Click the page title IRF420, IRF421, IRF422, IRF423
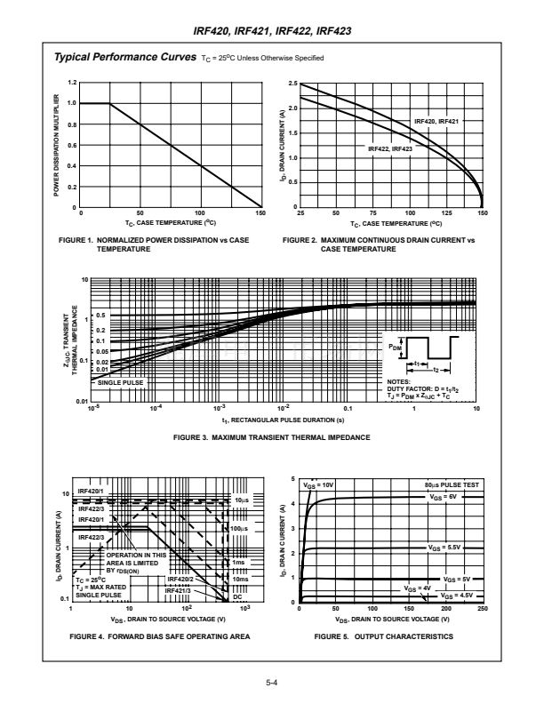click(x=272, y=31)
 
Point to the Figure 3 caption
click(x=272, y=437)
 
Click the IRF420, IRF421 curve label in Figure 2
click(x=436, y=121)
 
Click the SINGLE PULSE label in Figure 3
click(x=120, y=382)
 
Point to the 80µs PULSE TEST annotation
click(x=451, y=484)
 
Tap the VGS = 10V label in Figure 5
click(x=318, y=485)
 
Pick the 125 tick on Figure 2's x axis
click(x=445, y=213)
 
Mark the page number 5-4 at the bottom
click(x=272, y=683)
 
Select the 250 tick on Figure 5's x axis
click(x=482, y=609)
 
